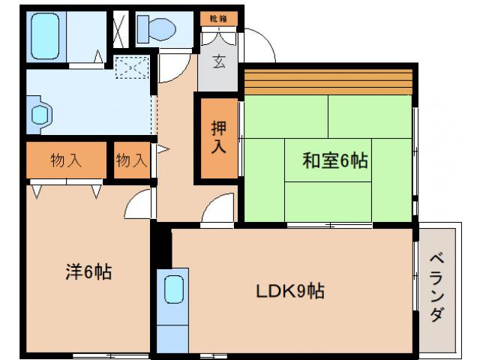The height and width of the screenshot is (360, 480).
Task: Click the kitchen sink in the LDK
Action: [174, 289]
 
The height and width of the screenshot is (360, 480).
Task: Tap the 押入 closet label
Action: [217, 138]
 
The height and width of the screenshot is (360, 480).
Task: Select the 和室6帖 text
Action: [334, 160]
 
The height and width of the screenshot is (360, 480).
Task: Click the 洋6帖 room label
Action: [88, 271]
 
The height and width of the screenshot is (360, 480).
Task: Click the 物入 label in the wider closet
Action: [66, 160]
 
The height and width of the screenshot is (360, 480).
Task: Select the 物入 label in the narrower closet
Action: [131, 160]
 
